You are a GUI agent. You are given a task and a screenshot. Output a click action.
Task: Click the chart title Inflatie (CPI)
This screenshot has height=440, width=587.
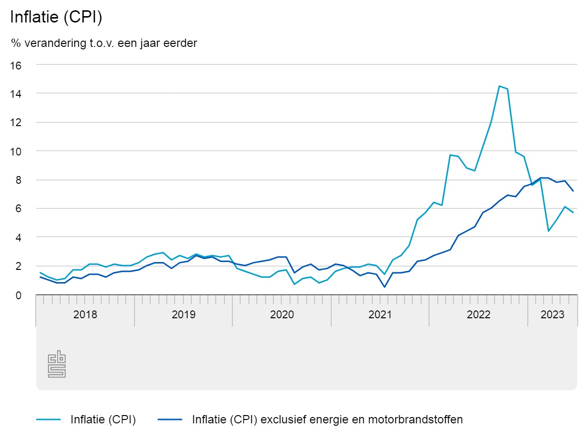click(56, 17)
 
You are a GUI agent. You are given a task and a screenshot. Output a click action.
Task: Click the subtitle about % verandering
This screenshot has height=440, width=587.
click(104, 44)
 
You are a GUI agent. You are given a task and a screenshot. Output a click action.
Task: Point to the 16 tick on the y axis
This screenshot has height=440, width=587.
click(17, 65)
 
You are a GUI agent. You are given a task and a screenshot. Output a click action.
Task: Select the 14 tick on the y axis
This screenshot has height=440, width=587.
click(17, 93)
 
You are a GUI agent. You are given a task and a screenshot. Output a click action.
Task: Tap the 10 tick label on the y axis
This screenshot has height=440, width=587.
click(17, 151)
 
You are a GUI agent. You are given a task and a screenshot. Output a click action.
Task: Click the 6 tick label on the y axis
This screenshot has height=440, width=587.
click(19, 209)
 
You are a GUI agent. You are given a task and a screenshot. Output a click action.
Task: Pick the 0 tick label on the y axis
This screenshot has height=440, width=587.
click(19, 295)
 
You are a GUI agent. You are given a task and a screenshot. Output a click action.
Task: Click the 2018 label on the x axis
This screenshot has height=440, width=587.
click(85, 314)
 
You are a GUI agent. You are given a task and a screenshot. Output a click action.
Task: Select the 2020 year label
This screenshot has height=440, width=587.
click(282, 314)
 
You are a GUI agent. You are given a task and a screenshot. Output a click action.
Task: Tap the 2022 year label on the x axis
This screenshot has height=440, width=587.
click(478, 314)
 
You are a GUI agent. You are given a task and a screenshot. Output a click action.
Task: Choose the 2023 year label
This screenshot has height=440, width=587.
click(552, 314)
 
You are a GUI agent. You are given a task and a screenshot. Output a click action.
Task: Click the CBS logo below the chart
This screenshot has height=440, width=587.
click(57, 364)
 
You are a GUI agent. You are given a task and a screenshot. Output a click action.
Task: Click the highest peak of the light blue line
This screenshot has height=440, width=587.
click(499, 86)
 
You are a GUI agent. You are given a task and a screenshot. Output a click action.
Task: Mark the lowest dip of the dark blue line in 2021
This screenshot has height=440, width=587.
click(384, 287)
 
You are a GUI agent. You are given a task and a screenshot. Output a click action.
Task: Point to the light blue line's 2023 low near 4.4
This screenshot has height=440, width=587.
click(548, 231)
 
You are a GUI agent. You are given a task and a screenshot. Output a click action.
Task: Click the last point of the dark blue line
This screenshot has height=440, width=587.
click(573, 191)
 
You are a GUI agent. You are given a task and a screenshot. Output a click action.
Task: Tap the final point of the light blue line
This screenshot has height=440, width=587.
click(573, 213)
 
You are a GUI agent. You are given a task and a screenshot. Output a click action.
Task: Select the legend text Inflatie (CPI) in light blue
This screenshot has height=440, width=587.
click(103, 419)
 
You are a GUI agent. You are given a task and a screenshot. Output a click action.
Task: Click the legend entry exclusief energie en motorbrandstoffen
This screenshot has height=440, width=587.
click(327, 419)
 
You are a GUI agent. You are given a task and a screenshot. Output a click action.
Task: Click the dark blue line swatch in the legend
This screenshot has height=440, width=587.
click(170, 419)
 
